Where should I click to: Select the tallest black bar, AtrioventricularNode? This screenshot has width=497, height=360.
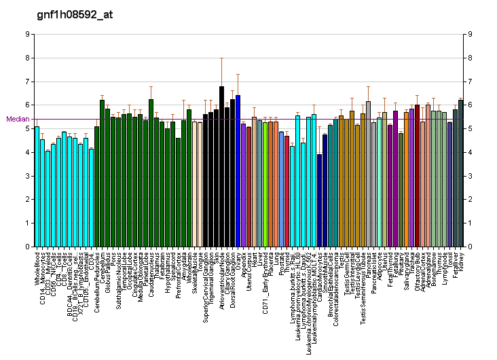pos(221,166)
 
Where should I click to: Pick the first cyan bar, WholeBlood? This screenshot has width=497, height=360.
pos(37,187)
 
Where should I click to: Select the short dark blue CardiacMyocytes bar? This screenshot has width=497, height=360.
pos(319,200)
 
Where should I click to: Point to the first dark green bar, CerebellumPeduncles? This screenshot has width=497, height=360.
pos(96,187)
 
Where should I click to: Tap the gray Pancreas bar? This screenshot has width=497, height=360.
pos(368,174)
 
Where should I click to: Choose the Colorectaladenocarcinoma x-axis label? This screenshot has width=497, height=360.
pos(336,285)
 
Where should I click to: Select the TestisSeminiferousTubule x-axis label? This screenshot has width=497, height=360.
pos(363,286)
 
